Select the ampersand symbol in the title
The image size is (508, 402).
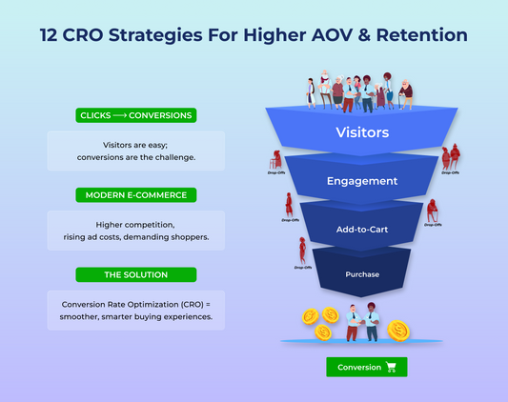374,35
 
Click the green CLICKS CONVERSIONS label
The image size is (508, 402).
135,115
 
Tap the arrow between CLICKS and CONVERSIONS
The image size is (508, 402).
126,115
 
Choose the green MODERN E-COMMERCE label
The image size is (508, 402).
135,194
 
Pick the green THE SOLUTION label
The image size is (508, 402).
135,274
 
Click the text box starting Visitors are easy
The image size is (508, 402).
135,151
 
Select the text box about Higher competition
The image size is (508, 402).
135,231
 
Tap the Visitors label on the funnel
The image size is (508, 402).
363,132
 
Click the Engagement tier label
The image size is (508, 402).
363,180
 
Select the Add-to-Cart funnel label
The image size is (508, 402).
363,229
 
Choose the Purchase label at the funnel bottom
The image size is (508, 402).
363,275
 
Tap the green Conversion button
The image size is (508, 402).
366,367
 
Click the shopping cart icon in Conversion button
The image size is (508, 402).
392,367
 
